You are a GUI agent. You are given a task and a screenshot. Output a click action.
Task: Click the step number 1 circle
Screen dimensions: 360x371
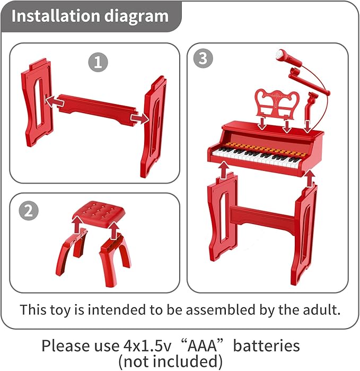pos(98,62)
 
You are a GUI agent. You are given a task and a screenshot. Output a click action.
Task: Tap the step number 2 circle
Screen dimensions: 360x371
pos(29,211)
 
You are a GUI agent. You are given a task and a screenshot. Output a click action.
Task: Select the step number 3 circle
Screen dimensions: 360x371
pos(203,58)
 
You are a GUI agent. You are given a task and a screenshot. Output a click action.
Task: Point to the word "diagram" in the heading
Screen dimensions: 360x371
pos(136,16)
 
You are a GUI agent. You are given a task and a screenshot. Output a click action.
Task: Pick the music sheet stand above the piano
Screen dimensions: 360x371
pos(277,104)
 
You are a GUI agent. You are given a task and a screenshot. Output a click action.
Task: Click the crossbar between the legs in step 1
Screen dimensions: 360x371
pos(97,109)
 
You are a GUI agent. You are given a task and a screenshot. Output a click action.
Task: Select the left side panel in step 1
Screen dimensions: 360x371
pos(37,102)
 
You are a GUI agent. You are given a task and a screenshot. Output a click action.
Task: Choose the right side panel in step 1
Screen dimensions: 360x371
pos(153,126)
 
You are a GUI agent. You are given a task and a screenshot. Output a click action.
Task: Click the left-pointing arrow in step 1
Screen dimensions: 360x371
pos(55,102)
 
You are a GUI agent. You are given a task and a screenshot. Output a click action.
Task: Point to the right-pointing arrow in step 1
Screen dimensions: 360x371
pos(140,118)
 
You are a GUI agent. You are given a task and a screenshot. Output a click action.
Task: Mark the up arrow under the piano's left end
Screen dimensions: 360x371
pos(224,170)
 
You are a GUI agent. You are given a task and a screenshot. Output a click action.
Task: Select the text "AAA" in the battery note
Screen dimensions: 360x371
pos(201,346)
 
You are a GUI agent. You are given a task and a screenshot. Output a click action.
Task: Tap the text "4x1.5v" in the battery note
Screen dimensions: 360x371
pos(147,346)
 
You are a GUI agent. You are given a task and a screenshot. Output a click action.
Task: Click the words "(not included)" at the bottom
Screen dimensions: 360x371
pos(170,361)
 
